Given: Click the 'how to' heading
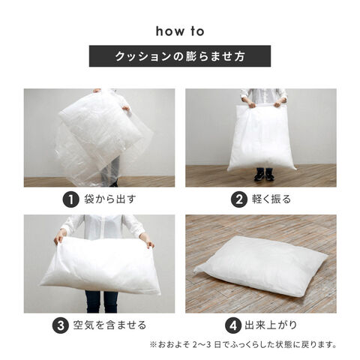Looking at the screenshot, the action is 180,31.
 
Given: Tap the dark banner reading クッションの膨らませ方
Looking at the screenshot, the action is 180,56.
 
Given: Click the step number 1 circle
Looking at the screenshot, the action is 71,199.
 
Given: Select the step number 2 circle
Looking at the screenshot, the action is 239,199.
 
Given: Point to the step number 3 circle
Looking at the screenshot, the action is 61,325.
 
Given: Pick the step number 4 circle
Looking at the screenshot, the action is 233,325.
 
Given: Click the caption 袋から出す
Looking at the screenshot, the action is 110,199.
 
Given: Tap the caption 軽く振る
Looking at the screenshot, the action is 271,199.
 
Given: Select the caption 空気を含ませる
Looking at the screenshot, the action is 109,325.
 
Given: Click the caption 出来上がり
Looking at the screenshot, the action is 271,325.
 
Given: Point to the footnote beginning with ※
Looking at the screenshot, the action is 243,345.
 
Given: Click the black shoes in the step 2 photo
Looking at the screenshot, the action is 264,174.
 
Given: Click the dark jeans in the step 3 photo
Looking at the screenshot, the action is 101,301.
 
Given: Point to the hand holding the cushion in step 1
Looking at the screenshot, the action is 126,108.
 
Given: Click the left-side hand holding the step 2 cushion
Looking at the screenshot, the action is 251,104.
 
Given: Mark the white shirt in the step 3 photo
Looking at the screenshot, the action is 103,226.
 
